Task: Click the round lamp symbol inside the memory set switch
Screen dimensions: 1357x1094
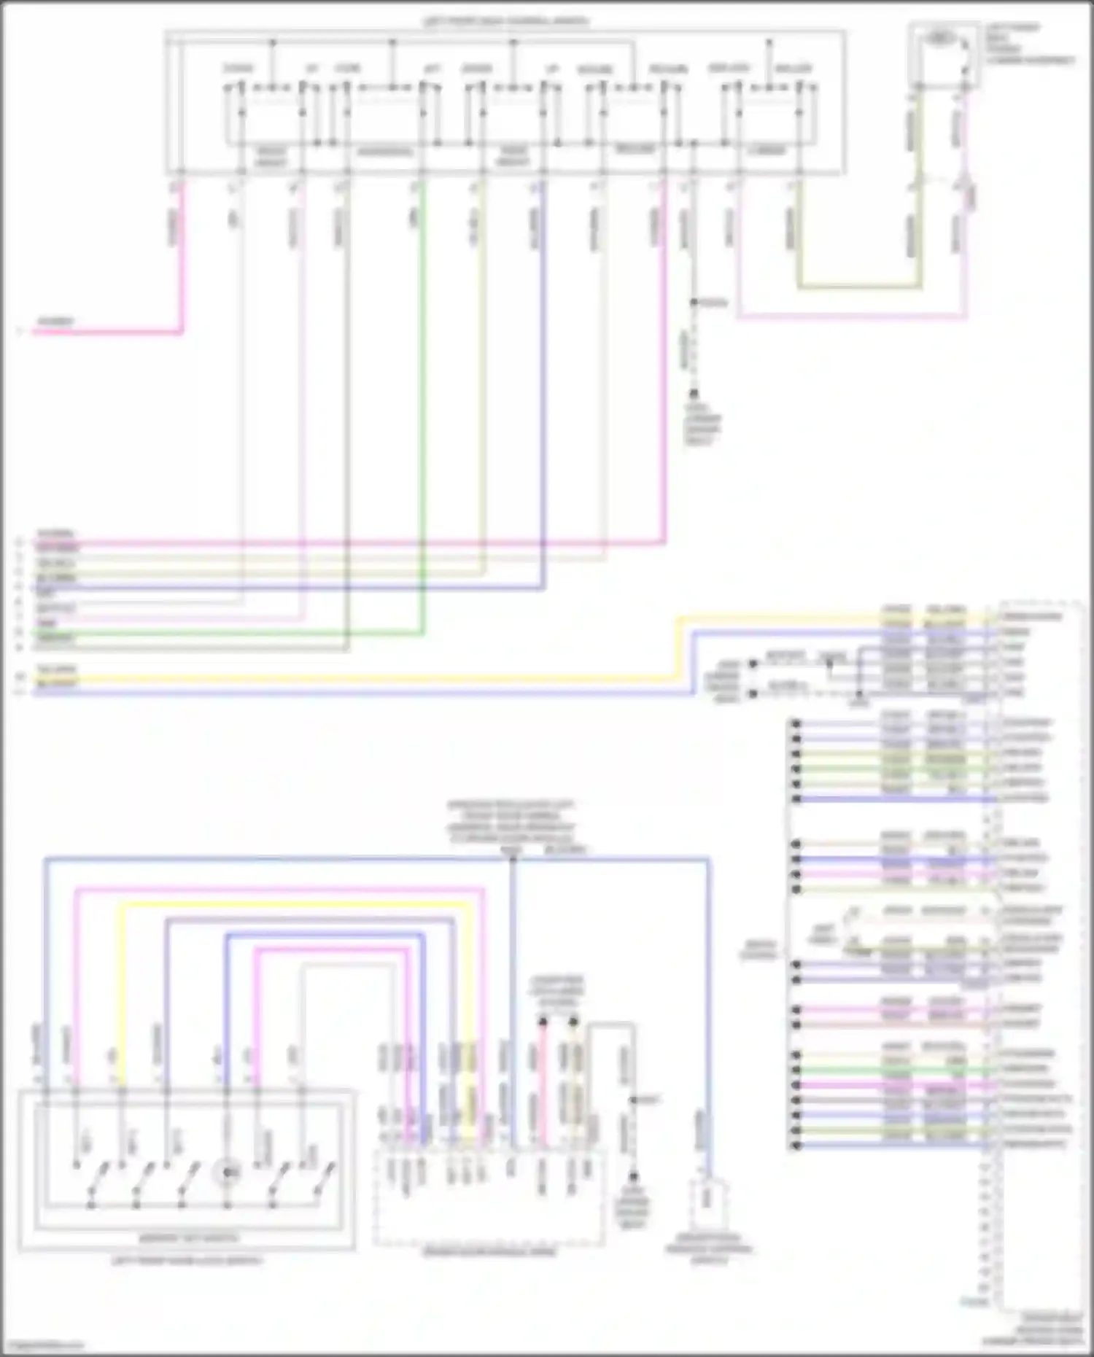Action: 227,1173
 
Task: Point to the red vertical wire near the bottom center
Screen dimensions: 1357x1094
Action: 543,1079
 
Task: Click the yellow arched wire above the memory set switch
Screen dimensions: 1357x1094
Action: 292,905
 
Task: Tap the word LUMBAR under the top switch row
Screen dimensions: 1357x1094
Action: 767,151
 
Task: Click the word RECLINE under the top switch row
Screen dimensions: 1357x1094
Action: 635,149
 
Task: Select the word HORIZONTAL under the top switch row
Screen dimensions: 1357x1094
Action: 384,152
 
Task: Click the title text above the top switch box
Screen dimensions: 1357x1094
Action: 505,22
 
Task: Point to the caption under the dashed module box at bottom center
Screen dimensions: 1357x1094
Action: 489,1252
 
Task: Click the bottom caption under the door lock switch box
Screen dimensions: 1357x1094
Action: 187,1261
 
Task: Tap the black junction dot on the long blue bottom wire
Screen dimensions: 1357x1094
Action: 513,860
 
